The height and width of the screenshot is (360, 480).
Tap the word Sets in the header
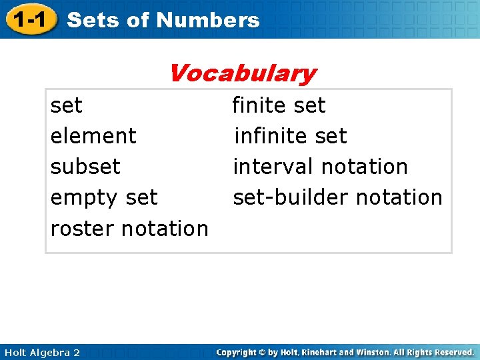[94, 20]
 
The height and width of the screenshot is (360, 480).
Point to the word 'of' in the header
[139, 20]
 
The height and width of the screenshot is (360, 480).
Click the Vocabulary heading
[242, 73]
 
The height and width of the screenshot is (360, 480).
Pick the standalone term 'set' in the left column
[66, 105]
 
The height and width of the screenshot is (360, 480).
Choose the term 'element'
[93, 136]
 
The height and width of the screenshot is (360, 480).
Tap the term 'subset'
[85, 167]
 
